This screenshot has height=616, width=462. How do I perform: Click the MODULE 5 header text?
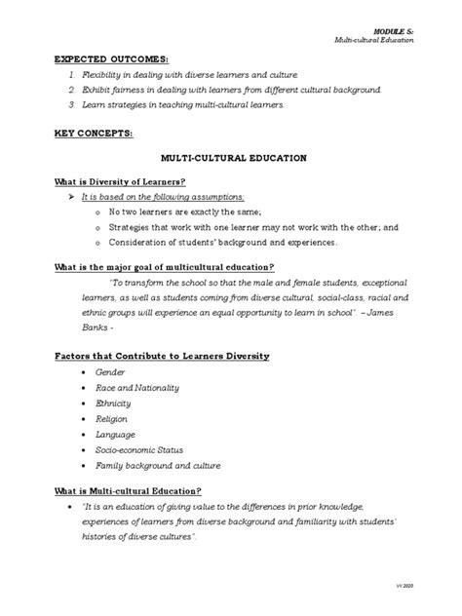[395, 30]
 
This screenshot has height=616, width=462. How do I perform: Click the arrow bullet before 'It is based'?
[70, 195]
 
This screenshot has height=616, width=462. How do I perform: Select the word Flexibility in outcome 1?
[102, 74]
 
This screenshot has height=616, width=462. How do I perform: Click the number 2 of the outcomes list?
[71, 89]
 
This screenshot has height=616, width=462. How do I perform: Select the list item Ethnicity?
[112, 403]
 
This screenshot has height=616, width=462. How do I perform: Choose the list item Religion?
[111, 418]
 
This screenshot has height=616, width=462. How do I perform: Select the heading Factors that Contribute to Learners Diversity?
[161, 356]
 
